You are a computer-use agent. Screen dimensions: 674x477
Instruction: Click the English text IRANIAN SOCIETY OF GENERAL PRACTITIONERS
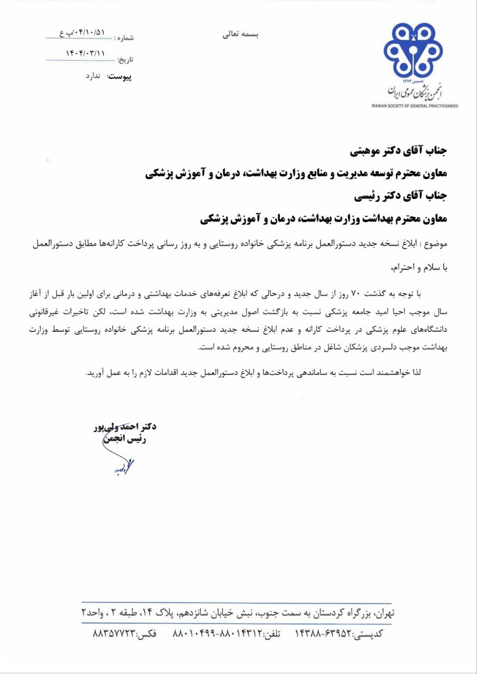tap(414, 106)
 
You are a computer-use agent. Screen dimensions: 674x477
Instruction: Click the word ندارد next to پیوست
tap(96, 76)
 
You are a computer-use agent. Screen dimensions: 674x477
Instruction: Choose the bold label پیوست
tap(120, 77)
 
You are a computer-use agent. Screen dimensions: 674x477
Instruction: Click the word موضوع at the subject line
tap(436, 245)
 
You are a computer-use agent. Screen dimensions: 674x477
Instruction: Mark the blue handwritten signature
tap(120, 467)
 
